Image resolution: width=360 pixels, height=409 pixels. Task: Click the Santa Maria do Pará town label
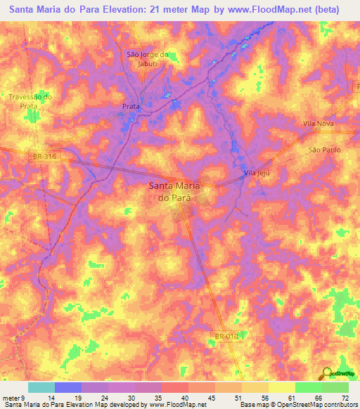point(174,192)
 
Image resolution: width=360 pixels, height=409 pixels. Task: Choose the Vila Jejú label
point(257,171)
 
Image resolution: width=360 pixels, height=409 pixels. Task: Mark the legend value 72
point(345,398)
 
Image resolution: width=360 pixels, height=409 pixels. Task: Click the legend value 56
point(264,398)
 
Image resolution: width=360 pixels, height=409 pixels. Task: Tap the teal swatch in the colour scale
point(41,387)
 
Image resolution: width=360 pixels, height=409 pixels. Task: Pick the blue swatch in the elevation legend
point(67,387)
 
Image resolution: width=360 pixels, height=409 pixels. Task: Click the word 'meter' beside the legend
point(12,398)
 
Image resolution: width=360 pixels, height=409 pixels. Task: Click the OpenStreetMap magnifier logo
point(327,373)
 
